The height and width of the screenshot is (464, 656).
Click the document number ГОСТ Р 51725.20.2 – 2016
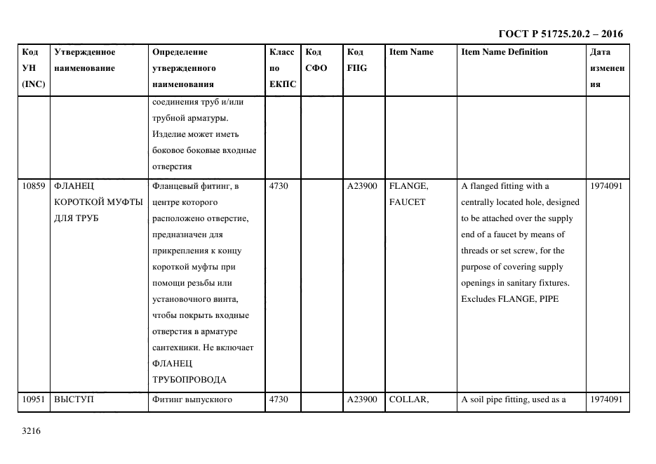click(560, 34)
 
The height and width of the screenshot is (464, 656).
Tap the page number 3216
click(32, 431)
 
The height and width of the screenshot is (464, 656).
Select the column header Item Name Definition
click(504, 52)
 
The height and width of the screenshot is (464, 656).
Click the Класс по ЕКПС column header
click(282, 68)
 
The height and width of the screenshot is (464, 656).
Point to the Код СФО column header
click(316, 60)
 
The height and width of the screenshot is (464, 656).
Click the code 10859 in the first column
click(34, 186)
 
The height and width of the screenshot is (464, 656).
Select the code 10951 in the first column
click(34, 400)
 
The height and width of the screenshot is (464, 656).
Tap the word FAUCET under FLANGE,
click(407, 202)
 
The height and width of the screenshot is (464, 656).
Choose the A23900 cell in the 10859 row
click(362, 186)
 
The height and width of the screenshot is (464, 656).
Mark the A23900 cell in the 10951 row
click(362, 400)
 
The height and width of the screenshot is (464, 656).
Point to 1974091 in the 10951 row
click(606, 400)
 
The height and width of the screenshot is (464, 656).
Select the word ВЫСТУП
click(74, 400)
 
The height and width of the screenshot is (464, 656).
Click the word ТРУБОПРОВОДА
click(189, 380)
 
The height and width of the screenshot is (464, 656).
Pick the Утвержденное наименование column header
click(85, 60)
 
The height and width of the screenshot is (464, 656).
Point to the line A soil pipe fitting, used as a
click(513, 400)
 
